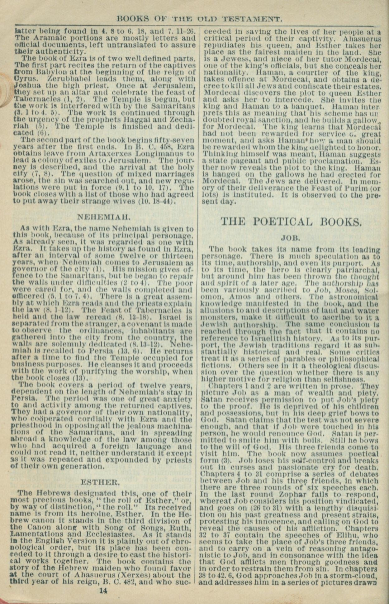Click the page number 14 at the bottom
[103, 590]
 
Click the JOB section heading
[290, 239]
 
